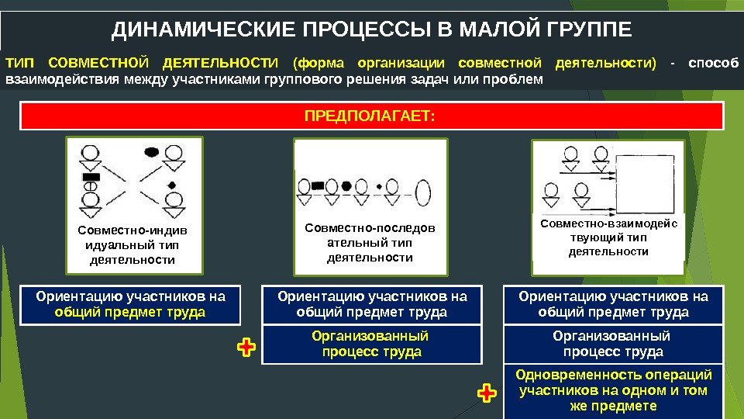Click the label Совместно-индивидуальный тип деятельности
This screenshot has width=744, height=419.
click(x=133, y=245)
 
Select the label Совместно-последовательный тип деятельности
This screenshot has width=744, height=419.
click(x=370, y=243)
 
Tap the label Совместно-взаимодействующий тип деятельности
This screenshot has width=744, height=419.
click(x=608, y=237)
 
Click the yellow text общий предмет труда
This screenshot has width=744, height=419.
click(x=130, y=313)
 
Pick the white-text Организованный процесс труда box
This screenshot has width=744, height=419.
click(x=613, y=344)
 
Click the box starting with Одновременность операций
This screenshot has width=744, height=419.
click(x=613, y=391)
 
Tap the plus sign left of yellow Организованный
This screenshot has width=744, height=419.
click(x=246, y=348)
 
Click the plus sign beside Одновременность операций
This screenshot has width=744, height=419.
click(x=487, y=394)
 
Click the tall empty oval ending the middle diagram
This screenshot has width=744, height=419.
click(x=424, y=191)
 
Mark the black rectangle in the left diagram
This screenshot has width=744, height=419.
click(x=92, y=178)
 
